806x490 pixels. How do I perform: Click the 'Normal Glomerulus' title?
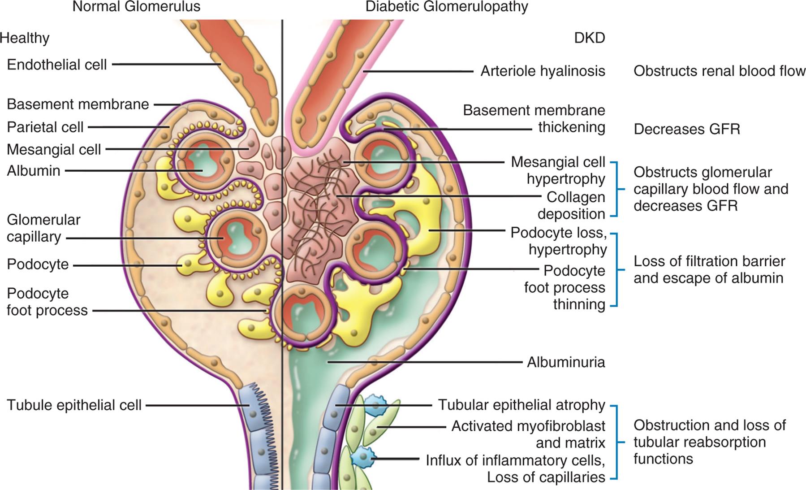coord(136,7)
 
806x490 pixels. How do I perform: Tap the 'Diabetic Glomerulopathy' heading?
coord(447,7)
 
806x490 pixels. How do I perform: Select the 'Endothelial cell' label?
coord(57,65)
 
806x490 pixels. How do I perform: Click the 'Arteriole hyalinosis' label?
coord(543,71)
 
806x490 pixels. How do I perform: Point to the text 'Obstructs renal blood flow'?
coord(719,71)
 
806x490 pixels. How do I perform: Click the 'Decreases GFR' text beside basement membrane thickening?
coord(686,129)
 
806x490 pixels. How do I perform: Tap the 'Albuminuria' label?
coord(565,362)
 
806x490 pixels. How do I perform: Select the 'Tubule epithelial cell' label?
coord(74,405)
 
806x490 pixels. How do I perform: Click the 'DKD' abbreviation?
coord(589,38)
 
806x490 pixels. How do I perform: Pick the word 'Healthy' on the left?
coord(25,38)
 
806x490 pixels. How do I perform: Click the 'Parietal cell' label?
coord(45,127)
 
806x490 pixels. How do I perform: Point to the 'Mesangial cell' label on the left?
coord(54,149)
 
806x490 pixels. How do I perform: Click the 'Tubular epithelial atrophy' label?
coord(521,405)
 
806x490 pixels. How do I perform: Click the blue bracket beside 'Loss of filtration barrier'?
coord(616,270)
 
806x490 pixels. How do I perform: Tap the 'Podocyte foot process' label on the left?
coord(47,302)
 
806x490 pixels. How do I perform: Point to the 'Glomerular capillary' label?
coord(43,228)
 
